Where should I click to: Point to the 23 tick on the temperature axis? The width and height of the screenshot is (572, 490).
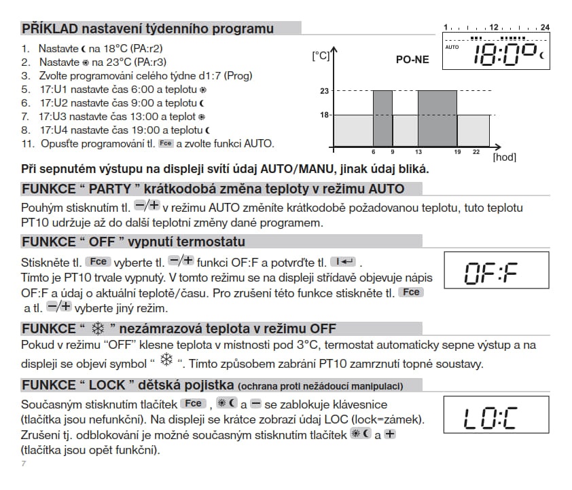coord(323,90)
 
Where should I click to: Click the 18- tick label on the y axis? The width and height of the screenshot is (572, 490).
coord(325,115)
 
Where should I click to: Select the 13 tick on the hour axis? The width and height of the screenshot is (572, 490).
coord(418,152)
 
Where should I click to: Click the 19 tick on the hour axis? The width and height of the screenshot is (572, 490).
coord(457,152)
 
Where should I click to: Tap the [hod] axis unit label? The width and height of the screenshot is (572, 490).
coord(503,157)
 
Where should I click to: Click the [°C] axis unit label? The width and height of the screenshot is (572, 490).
coord(320,56)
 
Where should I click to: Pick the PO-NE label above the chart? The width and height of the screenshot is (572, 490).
coord(412,60)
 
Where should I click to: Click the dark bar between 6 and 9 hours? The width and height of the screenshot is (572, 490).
coord(382,118)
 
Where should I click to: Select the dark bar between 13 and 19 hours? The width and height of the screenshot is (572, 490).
coord(437,118)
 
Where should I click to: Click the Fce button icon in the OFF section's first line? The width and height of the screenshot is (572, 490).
coord(97,261)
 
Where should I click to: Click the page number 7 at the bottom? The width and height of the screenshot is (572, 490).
coord(23,464)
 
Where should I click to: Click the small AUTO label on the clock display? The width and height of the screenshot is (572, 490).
coord(452,47)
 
